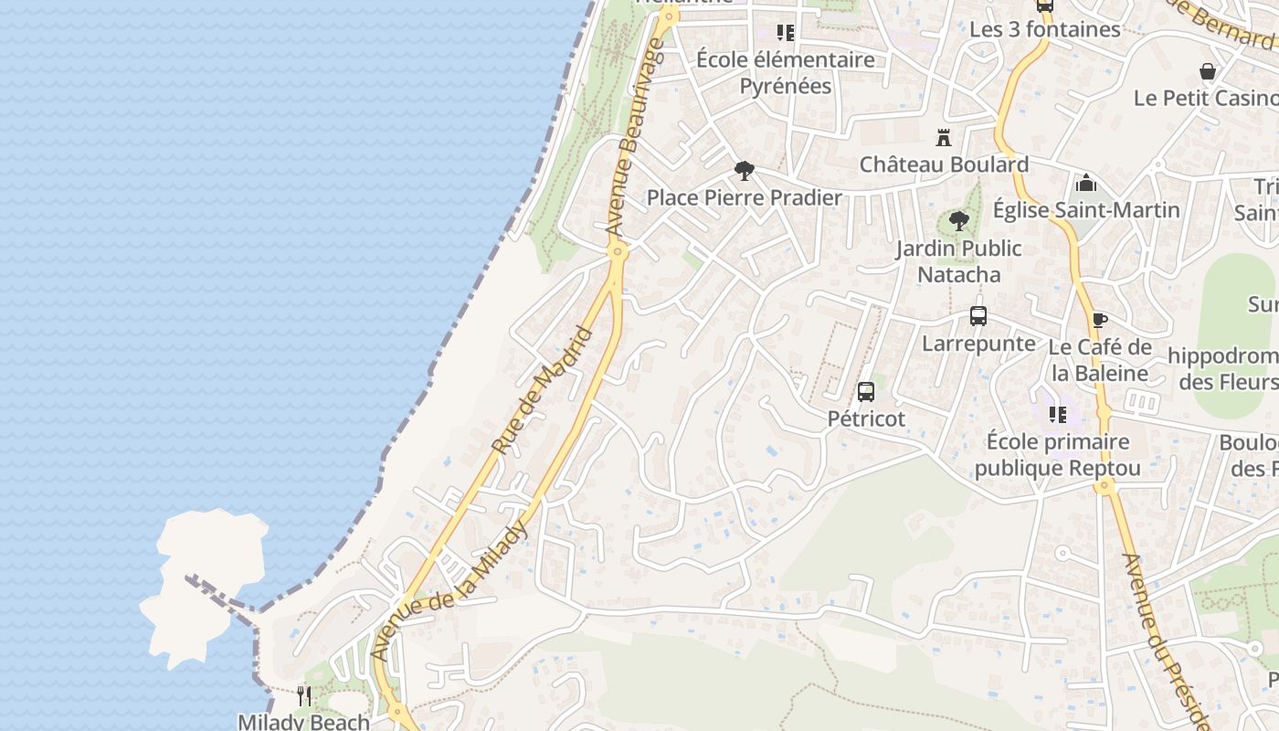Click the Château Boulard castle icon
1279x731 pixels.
(x=944, y=139)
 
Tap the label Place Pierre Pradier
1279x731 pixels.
(x=744, y=197)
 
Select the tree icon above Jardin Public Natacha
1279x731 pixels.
(x=958, y=220)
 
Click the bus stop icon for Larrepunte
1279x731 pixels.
(x=978, y=316)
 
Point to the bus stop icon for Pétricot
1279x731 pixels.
(x=866, y=392)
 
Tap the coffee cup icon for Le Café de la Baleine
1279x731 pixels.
(x=1100, y=320)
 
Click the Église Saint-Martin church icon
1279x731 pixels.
(x=1085, y=183)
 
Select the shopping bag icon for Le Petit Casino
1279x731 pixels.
(x=1207, y=71)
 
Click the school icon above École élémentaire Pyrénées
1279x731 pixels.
(x=785, y=33)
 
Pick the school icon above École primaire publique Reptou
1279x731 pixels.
(x=1058, y=415)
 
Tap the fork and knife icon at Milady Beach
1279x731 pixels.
(x=304, y=695)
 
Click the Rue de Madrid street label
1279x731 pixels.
(x=543, y=390)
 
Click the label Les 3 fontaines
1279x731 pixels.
(x=1044, y=29)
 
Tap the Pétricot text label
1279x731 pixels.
(x=866, y=418)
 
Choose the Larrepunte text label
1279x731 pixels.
(x=978, y=344)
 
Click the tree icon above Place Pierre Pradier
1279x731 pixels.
(x=745, y=171)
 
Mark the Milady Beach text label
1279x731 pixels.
(x=303, y=722)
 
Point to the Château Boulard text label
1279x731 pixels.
(x=944, y=164)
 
